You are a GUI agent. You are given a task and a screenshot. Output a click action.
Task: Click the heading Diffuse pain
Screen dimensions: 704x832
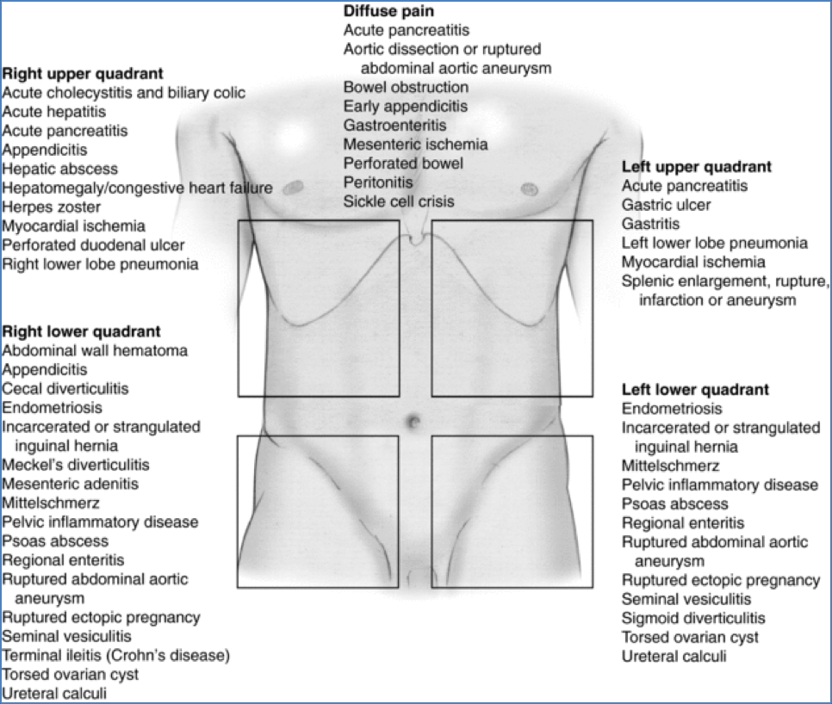[388, 11]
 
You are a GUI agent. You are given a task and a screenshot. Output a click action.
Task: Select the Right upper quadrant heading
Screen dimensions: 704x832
[83, 73]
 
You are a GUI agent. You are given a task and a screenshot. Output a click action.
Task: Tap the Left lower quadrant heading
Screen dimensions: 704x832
[695, 389]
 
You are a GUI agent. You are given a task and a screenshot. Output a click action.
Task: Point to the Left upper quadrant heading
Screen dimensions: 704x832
[697, 166]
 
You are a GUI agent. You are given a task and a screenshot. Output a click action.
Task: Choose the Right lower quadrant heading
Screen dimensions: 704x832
[82, 331]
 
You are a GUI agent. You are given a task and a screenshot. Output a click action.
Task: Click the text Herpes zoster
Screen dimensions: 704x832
[52, 207]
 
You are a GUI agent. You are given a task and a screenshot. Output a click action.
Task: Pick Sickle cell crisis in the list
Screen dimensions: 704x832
[399, 201]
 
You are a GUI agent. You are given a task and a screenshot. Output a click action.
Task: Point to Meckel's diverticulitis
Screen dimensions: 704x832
[76, 465]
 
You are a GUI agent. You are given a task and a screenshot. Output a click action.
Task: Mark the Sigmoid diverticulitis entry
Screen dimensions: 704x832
[693, 618]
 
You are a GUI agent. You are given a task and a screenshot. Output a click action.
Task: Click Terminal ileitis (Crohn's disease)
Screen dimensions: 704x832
[116, 656]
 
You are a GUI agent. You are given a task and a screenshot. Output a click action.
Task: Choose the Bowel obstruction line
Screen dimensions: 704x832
[406, 87]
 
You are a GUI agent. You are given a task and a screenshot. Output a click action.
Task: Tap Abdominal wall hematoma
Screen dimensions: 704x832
[95, 350]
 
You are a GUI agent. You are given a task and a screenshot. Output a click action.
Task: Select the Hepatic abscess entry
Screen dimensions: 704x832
[60, 169]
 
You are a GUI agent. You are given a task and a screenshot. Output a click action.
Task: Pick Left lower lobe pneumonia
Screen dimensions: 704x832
[715, 243]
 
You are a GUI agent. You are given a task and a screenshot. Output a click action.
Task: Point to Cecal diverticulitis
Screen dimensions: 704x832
[65, 388]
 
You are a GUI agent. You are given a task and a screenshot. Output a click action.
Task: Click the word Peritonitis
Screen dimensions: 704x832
[378, 182]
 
